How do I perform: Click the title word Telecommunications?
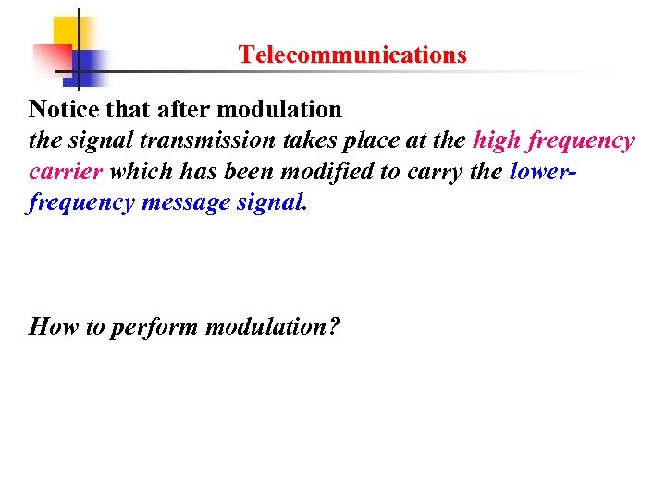[352, 55]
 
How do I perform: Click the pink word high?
[498, 140]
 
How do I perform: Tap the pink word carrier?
[66, 172]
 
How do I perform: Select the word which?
[138, 172]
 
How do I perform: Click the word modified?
[307, 172]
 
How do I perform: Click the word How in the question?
[54, 326]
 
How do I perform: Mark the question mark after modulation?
[335, 326]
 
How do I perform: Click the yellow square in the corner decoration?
[67, 32]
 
